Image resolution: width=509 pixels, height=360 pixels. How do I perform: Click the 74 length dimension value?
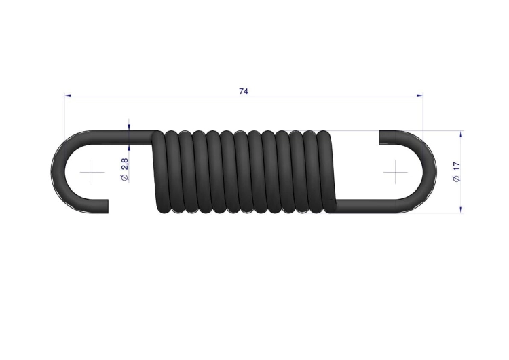(244, 92)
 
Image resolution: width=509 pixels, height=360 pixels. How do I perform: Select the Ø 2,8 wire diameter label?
(125, 169)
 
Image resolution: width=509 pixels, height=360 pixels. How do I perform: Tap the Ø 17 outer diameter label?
(457, 172)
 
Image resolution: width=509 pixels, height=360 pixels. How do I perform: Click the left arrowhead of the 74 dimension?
(67, 96)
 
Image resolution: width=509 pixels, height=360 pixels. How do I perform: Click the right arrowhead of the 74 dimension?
(420, 96)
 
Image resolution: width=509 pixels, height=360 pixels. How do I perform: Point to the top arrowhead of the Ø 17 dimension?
(461, 134)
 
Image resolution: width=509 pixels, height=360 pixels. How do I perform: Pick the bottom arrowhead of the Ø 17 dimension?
(461, 210)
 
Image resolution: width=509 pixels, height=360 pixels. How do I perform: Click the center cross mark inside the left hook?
(92, 172)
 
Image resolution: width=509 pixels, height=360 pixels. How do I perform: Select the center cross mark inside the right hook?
(396, 172)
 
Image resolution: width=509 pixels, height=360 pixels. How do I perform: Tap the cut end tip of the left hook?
(107, 206)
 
